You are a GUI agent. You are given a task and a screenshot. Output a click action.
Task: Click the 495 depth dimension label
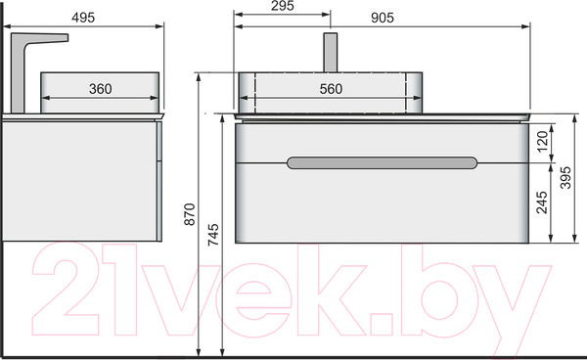[83, 18]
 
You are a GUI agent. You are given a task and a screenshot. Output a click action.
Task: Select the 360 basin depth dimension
[101, 89]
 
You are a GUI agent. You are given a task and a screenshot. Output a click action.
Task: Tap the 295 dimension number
[283, 6]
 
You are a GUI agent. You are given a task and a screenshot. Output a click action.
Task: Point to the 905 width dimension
[383, 18]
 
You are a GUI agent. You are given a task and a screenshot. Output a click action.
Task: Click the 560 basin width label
[331, 89]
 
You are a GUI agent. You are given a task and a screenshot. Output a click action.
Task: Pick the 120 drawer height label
[542, 141]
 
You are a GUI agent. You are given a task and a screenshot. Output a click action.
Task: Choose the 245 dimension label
[542, 202]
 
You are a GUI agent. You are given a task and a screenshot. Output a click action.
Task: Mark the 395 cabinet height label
[565, 177]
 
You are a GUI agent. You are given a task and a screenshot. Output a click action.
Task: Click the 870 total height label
[190, 214]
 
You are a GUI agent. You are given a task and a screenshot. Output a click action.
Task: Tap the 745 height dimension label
[213, 234]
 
